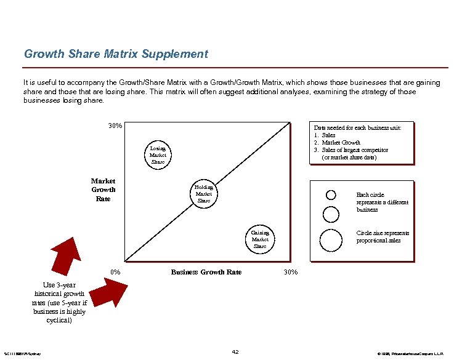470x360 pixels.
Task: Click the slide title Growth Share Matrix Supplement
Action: click(116, 54)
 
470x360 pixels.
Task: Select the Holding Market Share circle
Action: click(203, 193)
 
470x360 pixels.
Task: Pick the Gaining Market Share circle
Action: click(260, 239)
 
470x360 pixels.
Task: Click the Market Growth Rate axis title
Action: click(103, 190)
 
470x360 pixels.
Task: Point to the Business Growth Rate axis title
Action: click(206, 272)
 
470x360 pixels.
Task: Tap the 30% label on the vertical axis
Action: click(115, 126)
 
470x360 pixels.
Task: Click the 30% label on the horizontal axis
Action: click(290, 272)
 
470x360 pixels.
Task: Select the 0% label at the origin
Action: click(115, 272)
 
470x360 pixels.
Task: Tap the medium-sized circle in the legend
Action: click(331, 214)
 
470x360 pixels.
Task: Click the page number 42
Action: click(235, 351)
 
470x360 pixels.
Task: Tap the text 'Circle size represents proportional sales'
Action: click(383, 237)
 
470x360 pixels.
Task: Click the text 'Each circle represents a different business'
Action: click(382, 202)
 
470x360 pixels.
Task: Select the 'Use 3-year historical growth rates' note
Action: click(59, 303)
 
